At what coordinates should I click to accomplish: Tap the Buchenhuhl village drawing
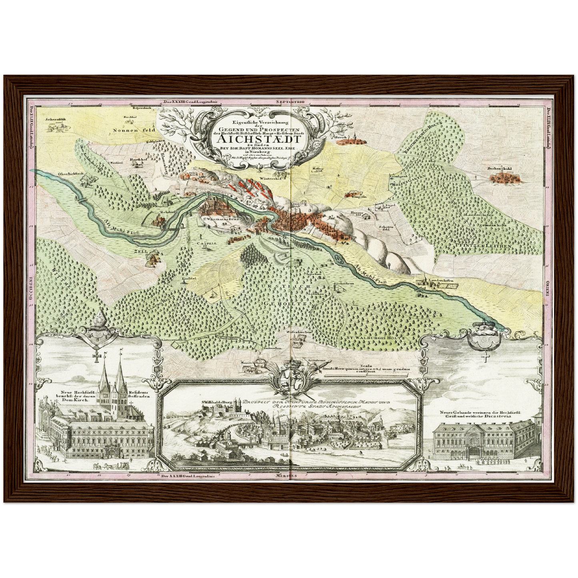[x=503, y=177]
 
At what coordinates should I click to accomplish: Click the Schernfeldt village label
[x=55, y=119]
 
